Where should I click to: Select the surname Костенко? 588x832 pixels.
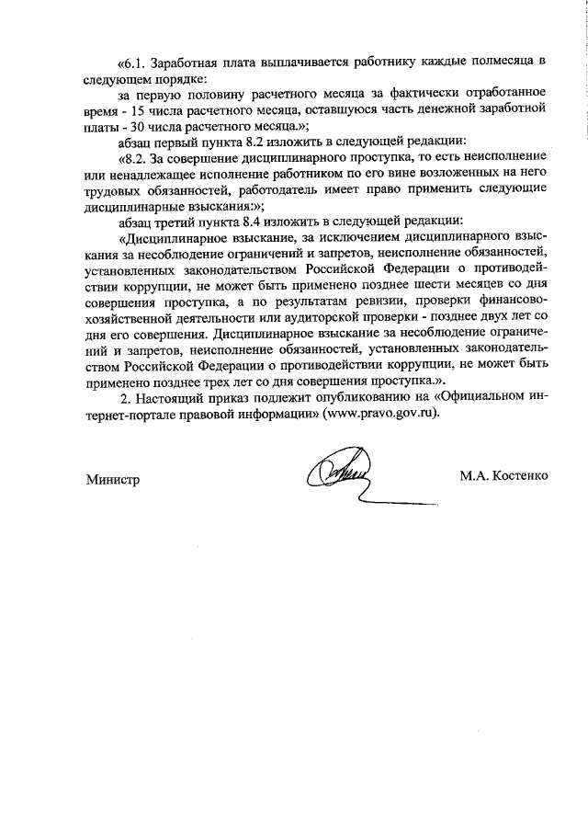[521, 476]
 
